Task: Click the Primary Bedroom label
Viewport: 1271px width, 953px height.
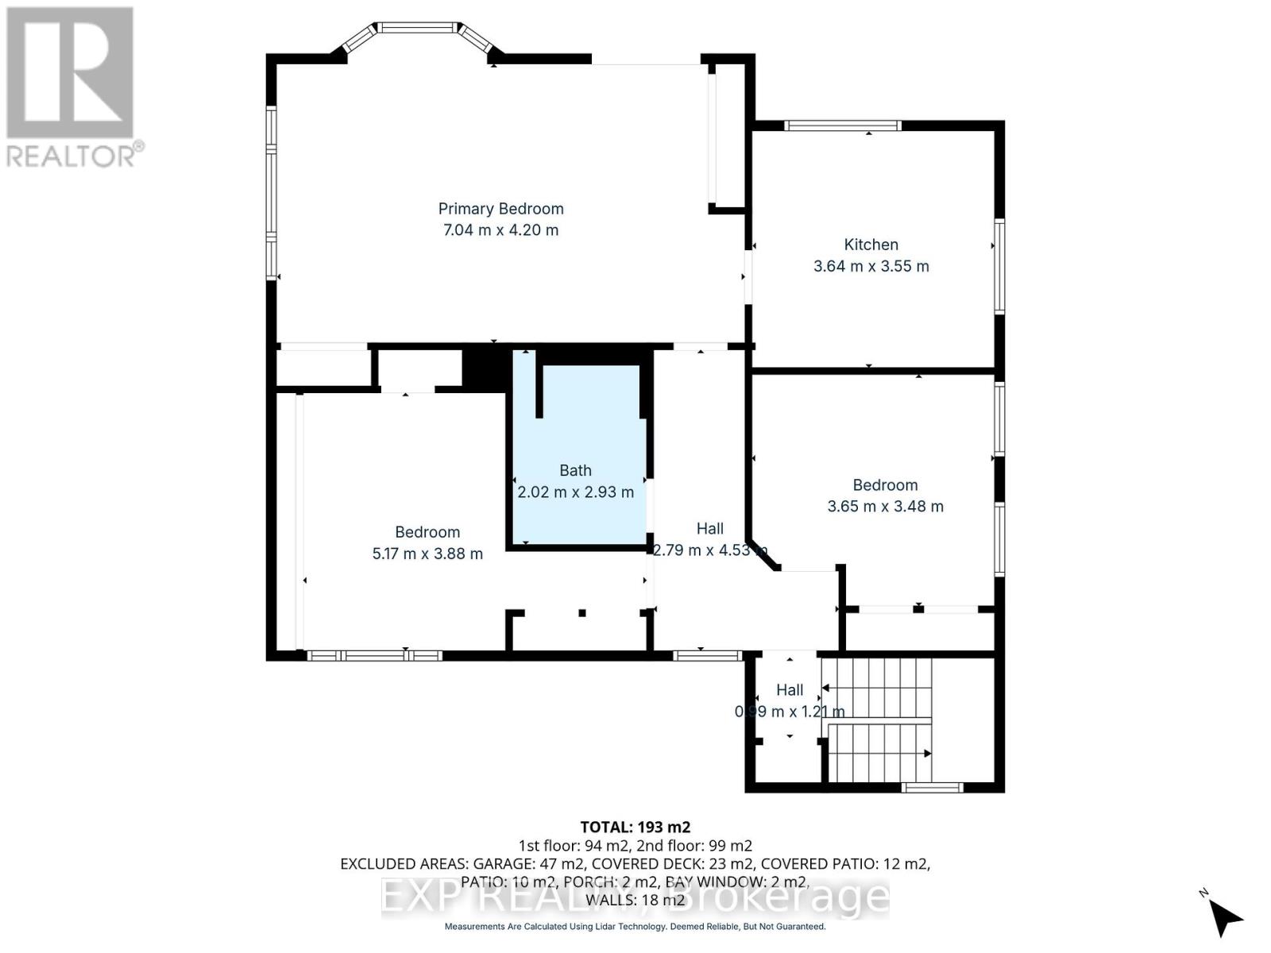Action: pyautogui.click(x=500, y=209)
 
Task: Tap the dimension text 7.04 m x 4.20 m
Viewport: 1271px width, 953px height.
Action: pyautogui.click(x=500, y=230)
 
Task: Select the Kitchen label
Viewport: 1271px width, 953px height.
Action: pyautogui.click(x=871, y=245)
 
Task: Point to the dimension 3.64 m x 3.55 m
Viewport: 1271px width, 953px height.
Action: pyautogui.click(x=871, y=266)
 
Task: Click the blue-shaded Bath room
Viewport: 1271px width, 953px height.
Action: pyautogui.click(x=575, y=445)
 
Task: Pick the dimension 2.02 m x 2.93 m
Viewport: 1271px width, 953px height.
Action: pyautogui.click(x=575, y=492)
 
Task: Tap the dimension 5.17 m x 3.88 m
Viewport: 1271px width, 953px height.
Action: pyautogui.click(x=427, y=554)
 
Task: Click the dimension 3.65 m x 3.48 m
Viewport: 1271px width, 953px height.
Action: pyautogui.click(x=885, y=507)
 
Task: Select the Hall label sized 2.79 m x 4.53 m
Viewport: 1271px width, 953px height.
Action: pyautogui.click(x=709, y=529)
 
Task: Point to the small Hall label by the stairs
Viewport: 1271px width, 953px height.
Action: pyautogui.click(x=790, y=690)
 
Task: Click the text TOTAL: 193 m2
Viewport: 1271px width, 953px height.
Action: pyautogui.click(x=635, y=827)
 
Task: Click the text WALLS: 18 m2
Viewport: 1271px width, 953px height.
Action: pyautogui.click(x=635, y=901)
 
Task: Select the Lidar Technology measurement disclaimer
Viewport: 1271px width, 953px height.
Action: pyautogui.click(x=635, y=927)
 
